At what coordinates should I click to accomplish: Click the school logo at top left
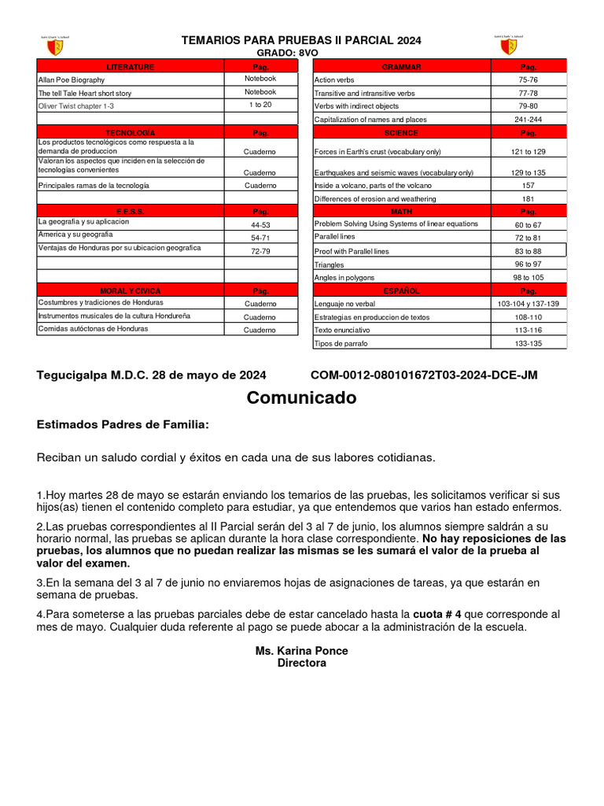(54, 46)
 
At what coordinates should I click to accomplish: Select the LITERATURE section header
(131, 67)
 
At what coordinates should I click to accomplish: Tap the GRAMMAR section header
(402, 67)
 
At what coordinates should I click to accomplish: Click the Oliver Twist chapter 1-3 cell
(76, 105)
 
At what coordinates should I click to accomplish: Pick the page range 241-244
(528, 120)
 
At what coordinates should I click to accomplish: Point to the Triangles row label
(329, 265)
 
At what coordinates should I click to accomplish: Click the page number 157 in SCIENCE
(528, 186)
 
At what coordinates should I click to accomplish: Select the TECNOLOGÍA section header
(131, 133)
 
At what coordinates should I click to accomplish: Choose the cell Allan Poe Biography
(72, 80)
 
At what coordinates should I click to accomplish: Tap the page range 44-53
(260, 225)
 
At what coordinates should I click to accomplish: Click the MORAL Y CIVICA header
(131, 291)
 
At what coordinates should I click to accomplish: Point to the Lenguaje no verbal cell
(344, 304)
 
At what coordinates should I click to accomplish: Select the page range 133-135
(528, 344)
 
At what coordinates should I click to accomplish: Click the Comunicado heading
(301, 398)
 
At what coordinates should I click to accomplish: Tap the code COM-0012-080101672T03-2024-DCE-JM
(424, 375)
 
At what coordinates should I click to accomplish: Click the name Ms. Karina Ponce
(301, 651)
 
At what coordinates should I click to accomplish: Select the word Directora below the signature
(301, 664)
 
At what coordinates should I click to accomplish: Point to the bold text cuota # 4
(437, 614)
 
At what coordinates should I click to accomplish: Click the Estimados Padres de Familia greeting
(123, 425)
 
